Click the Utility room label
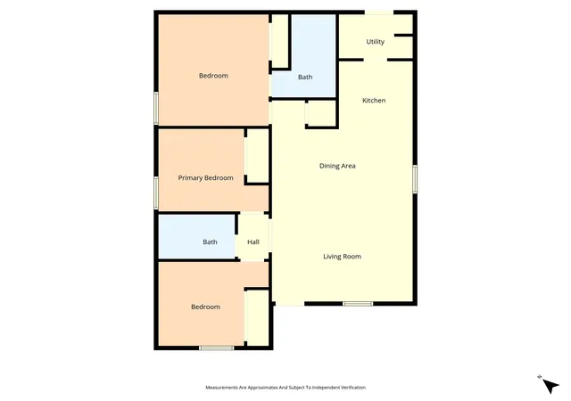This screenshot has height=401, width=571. pos(375,42)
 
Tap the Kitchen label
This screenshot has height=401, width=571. pos(374,101)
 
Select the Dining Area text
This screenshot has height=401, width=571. pos(337,166)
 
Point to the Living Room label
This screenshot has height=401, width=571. pos(342,257)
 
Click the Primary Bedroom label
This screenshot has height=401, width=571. pos(205,178)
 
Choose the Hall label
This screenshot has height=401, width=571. pos(253,242)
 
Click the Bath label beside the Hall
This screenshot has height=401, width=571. pos(210,242)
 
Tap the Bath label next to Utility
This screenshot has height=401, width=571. pos(305,78)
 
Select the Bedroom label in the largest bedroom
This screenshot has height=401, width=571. pos(213,76)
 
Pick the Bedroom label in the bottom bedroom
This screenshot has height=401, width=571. pos(205,307)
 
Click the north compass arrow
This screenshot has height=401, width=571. pos(550,385)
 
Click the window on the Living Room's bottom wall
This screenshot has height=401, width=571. pos(358,304)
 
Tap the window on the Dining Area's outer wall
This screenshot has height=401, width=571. pos(415,178)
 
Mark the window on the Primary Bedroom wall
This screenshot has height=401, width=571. pos(156,192)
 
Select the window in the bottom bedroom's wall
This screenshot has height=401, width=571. pos(216,348)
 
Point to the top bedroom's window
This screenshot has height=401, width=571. pos(156,108)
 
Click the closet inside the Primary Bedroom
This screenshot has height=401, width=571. pos(258,156)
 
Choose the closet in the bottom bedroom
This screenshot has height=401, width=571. pos(258,317)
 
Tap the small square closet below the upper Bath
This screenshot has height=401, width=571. pos(321,113)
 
